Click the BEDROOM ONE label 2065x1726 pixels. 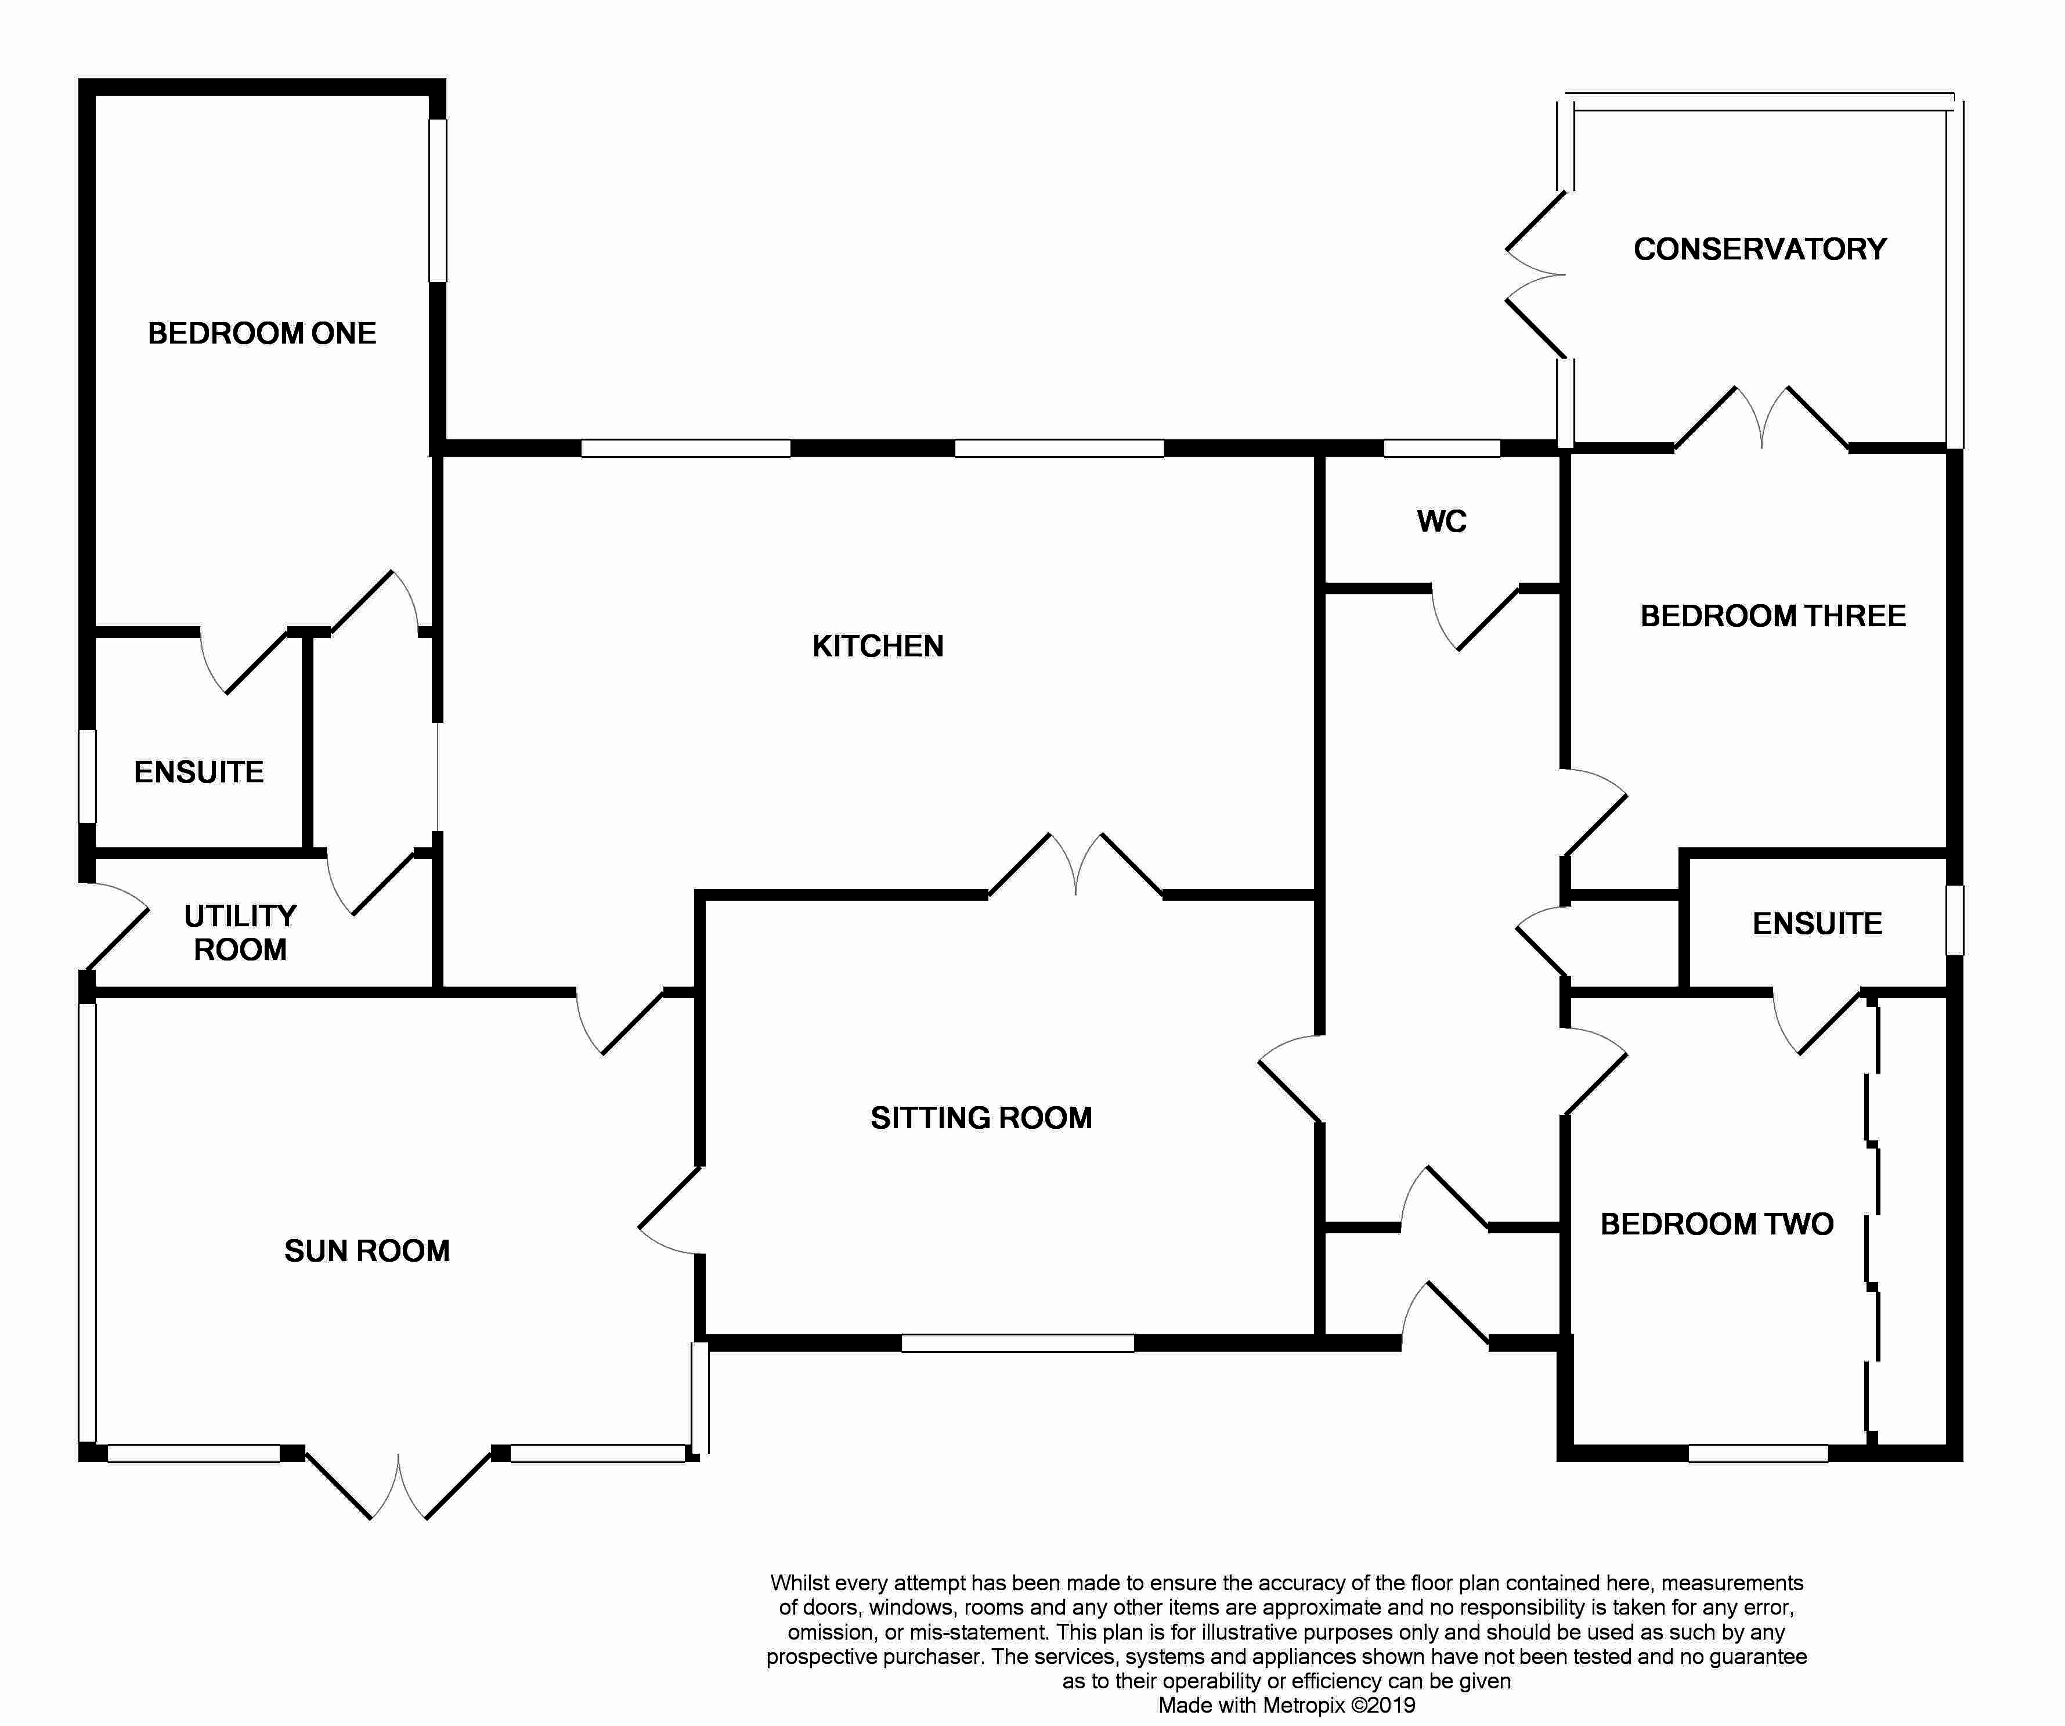click(x=262, y=333)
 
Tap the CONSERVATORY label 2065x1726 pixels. click(x=1760, y=249)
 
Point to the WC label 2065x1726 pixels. click(x=1442, y=521)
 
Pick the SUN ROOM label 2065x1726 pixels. click(x=367, y=1251)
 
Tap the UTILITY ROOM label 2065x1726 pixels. click(x=240, y=932)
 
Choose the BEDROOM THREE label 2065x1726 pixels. click(x=1773, y=616)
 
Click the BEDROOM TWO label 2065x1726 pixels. click(x=1717, y=1225)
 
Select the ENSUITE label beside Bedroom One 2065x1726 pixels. click(x=198, y=772)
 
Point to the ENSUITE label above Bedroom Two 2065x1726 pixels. click(x=1817, y=923)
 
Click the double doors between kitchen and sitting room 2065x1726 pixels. click(x=1076, y=865)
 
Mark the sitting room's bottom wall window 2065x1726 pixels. click(x=1018, y=1342)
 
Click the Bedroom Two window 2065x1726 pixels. click(x=1758, y=1453)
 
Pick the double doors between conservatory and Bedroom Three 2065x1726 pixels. click(x=1761, y=418)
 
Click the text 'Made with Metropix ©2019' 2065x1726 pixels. click(x=1286, y=1705)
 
